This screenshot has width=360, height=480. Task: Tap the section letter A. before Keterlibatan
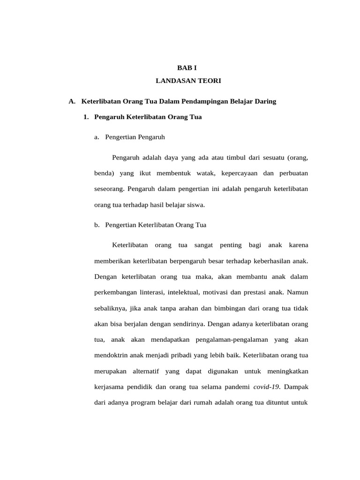tap(72, 101)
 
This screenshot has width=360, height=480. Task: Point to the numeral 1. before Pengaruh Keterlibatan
tap(86, 117)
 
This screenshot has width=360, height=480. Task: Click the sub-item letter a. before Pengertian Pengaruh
tap(97, 137)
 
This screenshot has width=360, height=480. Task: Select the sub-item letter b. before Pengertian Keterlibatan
tap(97, 225)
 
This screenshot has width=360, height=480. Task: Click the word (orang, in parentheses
tap(298, 157)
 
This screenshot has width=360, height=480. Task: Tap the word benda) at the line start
tap(105, 173)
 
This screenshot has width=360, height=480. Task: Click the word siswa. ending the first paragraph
tap(195, 205)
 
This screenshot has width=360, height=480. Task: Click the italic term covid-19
tap(266, 387)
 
